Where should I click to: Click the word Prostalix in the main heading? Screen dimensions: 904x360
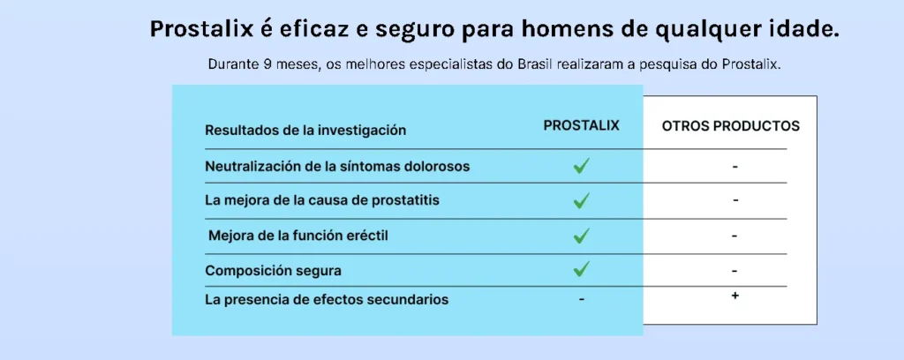[201, 29]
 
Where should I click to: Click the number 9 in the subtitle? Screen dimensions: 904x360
[267, 64]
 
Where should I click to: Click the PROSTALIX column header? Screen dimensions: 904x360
[581, 125]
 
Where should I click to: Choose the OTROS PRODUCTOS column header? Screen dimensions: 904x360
[730, 126]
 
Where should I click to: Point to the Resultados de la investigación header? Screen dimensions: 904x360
[305, 131]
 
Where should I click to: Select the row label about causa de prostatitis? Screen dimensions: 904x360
[322, 200]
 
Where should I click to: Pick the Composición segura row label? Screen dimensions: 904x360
[274, 270]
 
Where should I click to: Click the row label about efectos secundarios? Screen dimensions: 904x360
[327, 299]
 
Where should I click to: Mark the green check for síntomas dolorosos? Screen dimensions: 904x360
[581, 167]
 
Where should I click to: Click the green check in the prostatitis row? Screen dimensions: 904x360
[581, 200]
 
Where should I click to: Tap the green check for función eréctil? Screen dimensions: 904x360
[581, 235]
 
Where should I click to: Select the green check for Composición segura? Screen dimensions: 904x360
[581, 268]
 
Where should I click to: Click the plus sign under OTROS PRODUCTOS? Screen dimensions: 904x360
[734, 296]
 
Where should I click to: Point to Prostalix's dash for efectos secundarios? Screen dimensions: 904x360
[582, 299]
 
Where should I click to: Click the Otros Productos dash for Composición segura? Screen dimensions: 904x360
[734, 271]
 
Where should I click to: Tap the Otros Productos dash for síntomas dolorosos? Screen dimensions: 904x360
[735, 167]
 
